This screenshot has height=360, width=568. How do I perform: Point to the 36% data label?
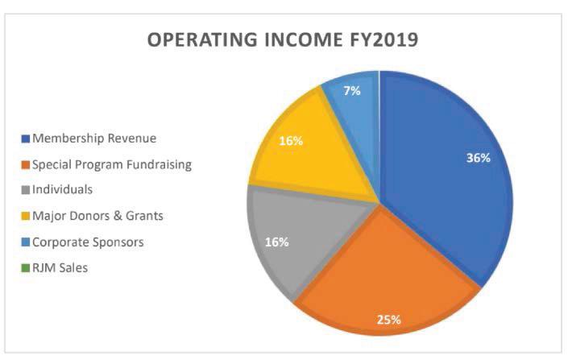pos(478,158)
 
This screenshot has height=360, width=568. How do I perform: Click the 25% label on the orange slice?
pos(388,320)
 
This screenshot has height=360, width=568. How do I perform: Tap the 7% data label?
pos(352,90)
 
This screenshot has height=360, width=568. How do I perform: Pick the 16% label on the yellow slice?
pos(291,140)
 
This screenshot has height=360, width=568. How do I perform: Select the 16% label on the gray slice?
pos(277,242)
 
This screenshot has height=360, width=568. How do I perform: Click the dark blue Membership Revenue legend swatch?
pos(25,139)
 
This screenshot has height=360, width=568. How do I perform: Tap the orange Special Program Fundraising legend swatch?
pos(25,165)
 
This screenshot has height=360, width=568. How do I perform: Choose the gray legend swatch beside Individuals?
pos(25,190)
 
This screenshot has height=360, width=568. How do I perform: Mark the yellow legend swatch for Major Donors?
pos(25,216)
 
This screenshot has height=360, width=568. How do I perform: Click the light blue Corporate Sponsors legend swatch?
pos(25,242)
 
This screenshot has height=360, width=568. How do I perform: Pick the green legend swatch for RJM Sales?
pos(25,268)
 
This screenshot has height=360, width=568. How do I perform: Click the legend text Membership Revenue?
pos(94,138)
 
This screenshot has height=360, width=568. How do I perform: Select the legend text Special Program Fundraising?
pos(112,165)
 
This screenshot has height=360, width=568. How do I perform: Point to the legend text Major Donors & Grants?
pos(97,216)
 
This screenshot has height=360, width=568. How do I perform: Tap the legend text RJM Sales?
pos(60,268)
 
